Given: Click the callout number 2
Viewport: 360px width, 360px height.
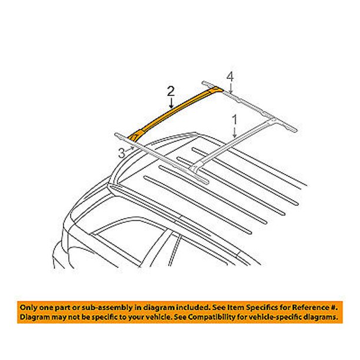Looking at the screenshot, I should coord(171,91).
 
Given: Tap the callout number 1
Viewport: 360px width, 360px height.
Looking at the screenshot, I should coord(235,119).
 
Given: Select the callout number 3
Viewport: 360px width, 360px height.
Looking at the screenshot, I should coord(121,154).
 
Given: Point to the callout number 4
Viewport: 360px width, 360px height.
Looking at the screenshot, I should coord(231,75).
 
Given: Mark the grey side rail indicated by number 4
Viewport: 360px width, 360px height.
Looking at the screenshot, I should coord(259,106).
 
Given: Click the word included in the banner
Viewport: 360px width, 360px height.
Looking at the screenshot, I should coord(180,307).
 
